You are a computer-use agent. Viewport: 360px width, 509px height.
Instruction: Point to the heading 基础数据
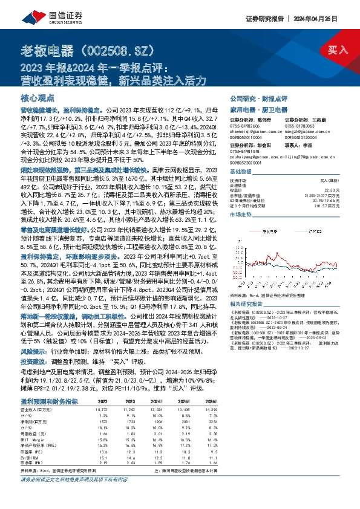[x=240, y=172]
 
